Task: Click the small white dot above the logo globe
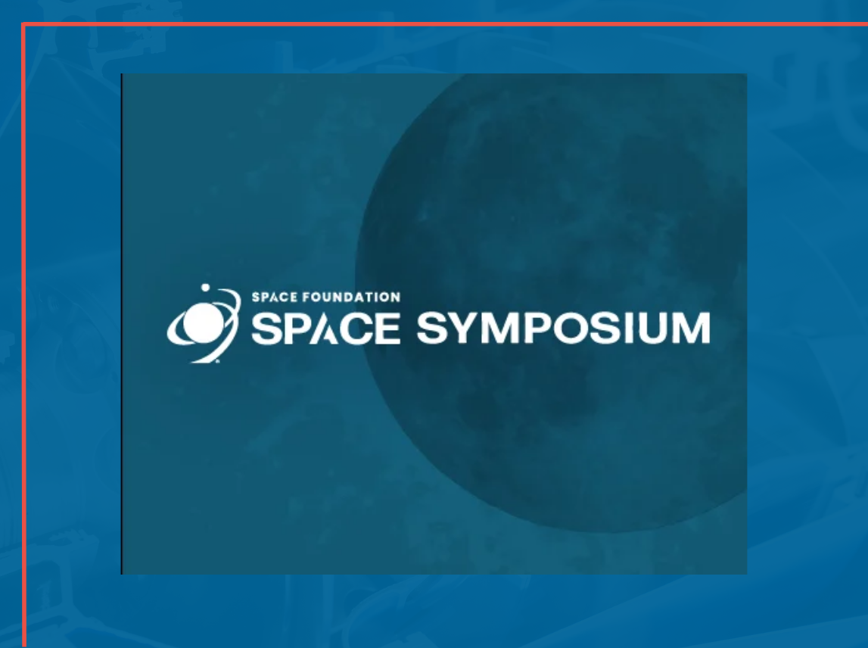point(204,288)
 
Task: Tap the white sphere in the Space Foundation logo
point(201,322)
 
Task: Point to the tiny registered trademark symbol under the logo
point(217,362)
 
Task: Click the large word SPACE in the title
point(325,329)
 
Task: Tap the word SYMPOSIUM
point(563,329)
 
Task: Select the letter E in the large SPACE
point(387,329)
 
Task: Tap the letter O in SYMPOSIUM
point(571,329)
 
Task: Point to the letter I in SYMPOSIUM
point(631,329)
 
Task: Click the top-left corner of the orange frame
point(24,26)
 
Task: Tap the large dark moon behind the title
point(575,189)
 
